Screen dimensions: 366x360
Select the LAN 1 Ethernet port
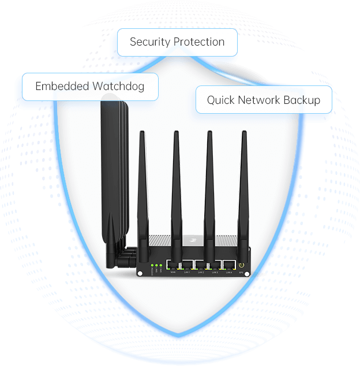click(187, 266)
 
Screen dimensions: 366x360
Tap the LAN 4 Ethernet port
click(230, 266)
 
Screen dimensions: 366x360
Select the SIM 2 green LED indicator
click(160, 266)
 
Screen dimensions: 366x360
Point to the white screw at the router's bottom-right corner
click(247, 273)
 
